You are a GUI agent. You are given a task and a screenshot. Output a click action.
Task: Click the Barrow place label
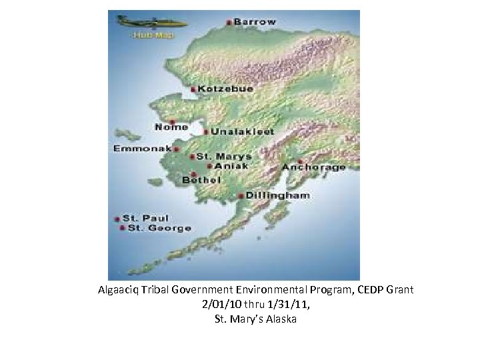(254, 22)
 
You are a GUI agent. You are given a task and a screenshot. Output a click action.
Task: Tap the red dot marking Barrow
(229, 23)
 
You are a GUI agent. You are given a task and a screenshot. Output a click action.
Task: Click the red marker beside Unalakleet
(206, 131)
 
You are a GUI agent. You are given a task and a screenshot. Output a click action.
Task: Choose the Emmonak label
(143, 148)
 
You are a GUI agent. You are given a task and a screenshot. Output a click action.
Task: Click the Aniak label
(231, 165)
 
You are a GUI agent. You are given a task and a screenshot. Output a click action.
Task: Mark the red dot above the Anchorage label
(301, 161)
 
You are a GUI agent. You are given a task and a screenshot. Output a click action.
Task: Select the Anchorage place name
(314, 167)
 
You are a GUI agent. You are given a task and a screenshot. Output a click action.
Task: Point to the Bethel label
(198, 179)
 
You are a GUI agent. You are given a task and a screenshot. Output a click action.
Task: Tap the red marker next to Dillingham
(241, 196)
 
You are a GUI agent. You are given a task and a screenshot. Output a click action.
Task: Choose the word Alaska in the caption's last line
(281, 319)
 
